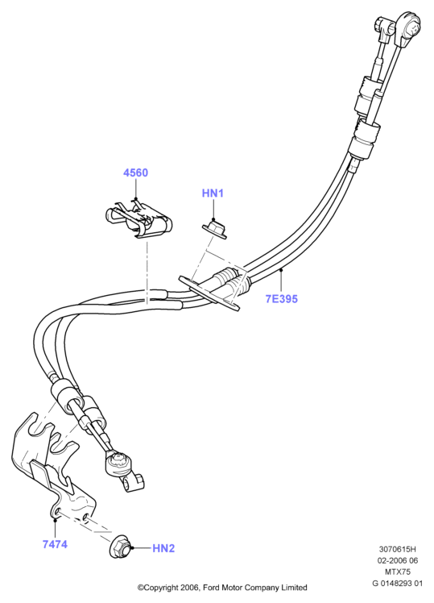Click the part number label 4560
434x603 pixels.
tap(135, 173)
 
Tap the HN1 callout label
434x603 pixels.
tap(213, 193)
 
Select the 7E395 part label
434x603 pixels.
tap(282, 299)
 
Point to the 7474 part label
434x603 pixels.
tap(55, 544)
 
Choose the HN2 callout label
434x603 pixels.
tap(163, 548)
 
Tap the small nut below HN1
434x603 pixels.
tap(215, 228)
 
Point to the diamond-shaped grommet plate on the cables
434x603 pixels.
tap(209, 293)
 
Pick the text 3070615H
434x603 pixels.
tap(398, 549)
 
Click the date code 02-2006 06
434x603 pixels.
tap(398, 561)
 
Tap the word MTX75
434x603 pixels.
tap(398, 572)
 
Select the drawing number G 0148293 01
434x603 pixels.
tap(398, 584)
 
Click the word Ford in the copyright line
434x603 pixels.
tap(210, 588)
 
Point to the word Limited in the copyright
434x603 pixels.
tap(294, 588)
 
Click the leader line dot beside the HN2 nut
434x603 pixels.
tap(132, 548)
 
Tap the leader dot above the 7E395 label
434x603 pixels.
tap(281, 270)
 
